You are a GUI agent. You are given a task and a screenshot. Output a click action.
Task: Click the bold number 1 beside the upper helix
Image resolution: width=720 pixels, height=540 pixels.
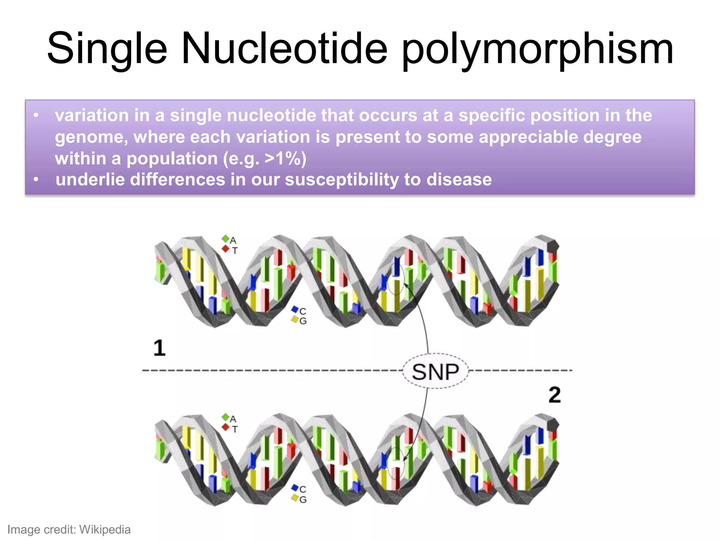click(159, 348)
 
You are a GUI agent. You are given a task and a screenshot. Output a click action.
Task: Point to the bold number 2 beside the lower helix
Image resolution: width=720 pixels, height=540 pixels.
click(554, 395)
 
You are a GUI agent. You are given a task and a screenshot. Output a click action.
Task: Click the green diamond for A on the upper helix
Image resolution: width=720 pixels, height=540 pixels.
click(225, 239)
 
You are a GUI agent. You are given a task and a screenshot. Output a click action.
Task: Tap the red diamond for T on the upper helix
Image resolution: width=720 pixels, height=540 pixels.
click(225, 249)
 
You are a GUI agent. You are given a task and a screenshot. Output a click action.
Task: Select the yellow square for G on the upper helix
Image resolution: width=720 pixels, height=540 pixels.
click(295, 319)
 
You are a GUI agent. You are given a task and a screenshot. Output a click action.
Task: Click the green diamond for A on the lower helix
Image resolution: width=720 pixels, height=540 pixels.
click(225, 417)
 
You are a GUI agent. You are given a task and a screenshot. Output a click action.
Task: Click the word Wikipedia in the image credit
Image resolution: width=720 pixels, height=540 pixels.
click(105, 529)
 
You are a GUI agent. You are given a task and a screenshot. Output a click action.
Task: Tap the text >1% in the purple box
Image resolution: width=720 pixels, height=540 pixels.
click(283, 159)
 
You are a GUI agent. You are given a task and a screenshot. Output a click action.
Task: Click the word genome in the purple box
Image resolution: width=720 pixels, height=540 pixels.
click(91, 137)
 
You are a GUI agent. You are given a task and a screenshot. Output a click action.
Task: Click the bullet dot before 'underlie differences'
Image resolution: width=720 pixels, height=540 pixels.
click(36, 180)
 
